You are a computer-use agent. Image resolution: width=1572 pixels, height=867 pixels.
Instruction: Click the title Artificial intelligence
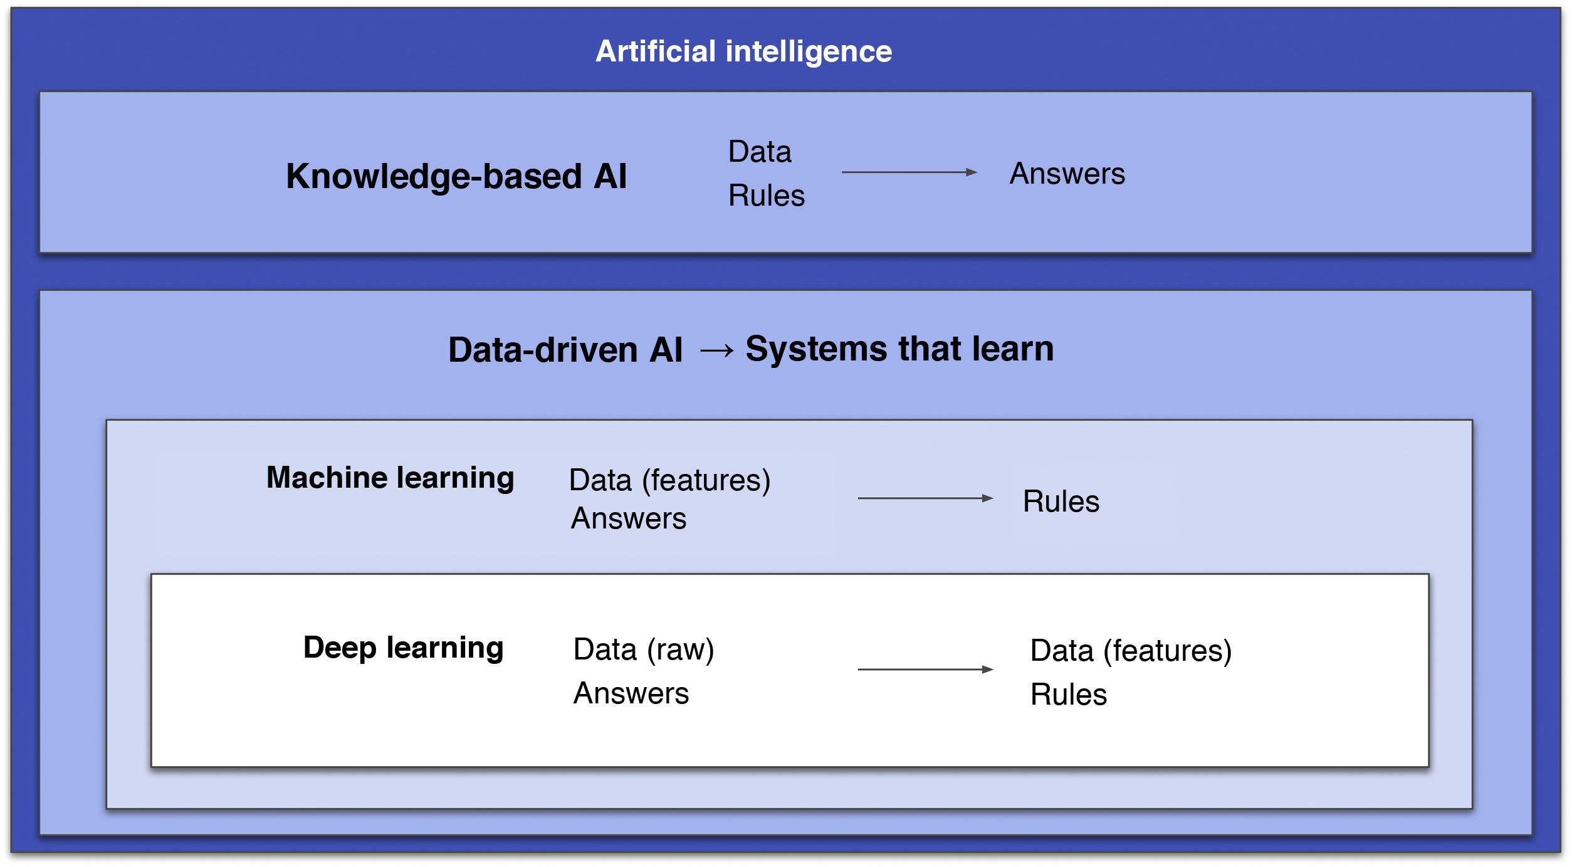(x=743, y=51)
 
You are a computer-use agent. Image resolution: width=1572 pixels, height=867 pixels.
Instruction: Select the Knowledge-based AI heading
(x=456, y=176)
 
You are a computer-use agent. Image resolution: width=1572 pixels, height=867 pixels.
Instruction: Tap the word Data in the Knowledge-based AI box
(x=760, y=152)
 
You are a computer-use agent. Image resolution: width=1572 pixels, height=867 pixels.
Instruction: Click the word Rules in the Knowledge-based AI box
(x=766, y=196)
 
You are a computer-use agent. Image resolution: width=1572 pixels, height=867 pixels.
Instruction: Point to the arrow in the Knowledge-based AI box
(x=909, y=172)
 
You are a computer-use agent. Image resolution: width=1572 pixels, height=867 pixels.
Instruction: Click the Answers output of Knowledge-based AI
(x=1067, y=174)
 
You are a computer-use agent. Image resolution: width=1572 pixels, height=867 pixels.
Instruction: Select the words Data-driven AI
(x=565, y=350)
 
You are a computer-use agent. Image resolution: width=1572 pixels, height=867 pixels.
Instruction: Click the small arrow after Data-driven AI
(x=716, y=350)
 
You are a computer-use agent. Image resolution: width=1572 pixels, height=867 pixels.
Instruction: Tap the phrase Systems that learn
(x=899, y=349)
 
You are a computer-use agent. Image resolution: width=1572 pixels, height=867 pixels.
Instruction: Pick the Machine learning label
(x=390, y=478)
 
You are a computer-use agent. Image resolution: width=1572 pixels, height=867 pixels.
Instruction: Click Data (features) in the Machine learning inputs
(x=669, y=481)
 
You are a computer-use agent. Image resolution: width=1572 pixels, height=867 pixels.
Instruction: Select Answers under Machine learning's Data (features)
(x=628, y=519)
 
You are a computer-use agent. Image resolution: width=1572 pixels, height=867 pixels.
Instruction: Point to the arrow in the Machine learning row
(x=925, y=498)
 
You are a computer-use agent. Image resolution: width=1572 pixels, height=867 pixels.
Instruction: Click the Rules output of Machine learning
(x=1061, y=502)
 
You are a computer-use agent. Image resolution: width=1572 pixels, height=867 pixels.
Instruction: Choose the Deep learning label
(x=403, y=648)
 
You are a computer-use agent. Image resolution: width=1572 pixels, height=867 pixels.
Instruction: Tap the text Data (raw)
(x=643, y=649)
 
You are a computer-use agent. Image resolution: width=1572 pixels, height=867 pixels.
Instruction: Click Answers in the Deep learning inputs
(x=631, y=693)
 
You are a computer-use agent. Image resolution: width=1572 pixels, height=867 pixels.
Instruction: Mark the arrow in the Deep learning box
(x=925, y=670)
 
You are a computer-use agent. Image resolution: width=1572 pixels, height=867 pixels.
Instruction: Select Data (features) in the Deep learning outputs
(x=1131, y=651)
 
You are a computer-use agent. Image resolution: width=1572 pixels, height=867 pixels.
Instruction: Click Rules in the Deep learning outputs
(x=1068, y=695)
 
